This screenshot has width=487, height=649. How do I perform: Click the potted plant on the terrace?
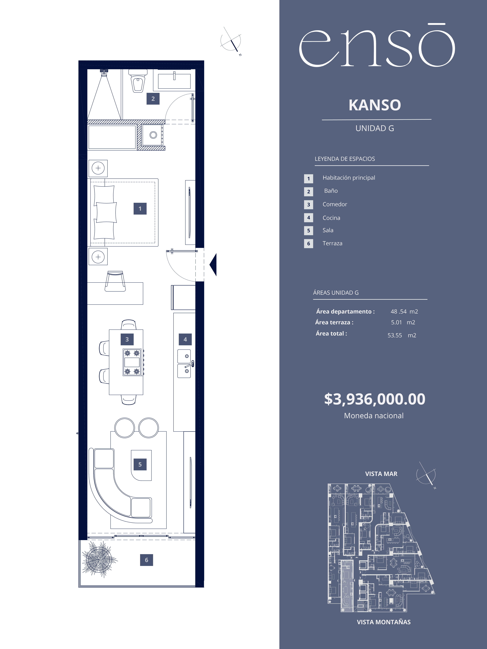coord(99,559)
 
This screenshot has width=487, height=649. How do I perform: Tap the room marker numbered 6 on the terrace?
coord(146,560)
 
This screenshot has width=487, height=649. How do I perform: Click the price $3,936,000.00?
coord(375,399)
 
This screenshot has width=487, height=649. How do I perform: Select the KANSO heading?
coord(375,105)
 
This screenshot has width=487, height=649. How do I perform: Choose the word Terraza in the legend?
coord(332,243)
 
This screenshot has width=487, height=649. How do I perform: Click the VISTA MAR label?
coord(381,474)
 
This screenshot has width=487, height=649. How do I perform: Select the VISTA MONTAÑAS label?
coord(384,622)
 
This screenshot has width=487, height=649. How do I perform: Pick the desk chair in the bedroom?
coord(115,281)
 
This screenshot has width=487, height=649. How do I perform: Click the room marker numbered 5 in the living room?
coord(140,464)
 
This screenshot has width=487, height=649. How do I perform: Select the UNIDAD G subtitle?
coord(375,128)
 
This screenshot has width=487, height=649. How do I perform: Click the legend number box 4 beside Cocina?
coord(309,218)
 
